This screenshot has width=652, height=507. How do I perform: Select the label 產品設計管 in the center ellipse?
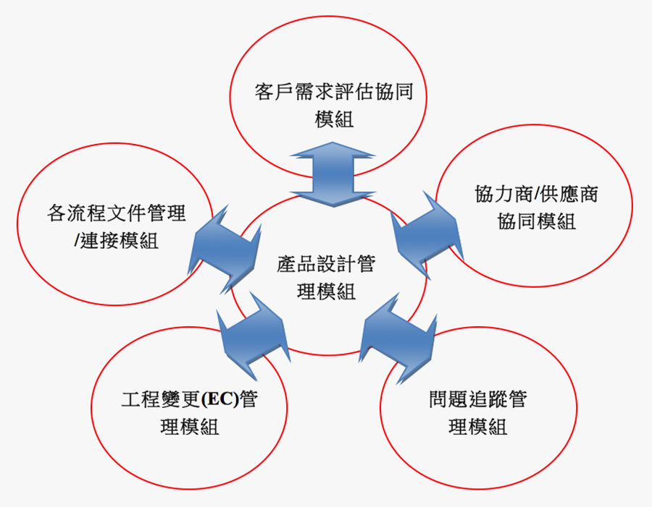[326, 264]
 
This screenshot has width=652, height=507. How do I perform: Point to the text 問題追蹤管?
[477, 400]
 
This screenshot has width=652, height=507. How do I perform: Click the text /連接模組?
[116, 241]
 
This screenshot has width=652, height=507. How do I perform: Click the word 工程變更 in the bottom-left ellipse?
[162, 400]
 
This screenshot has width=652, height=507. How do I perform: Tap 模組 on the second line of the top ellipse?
[334, 120]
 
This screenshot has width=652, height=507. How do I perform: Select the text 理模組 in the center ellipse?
[326, 291]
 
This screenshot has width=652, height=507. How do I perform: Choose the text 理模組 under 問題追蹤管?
[477, 427]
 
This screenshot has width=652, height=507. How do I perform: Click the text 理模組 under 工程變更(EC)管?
[189, 427]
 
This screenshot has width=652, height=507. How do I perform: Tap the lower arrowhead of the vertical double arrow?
[333, 197]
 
